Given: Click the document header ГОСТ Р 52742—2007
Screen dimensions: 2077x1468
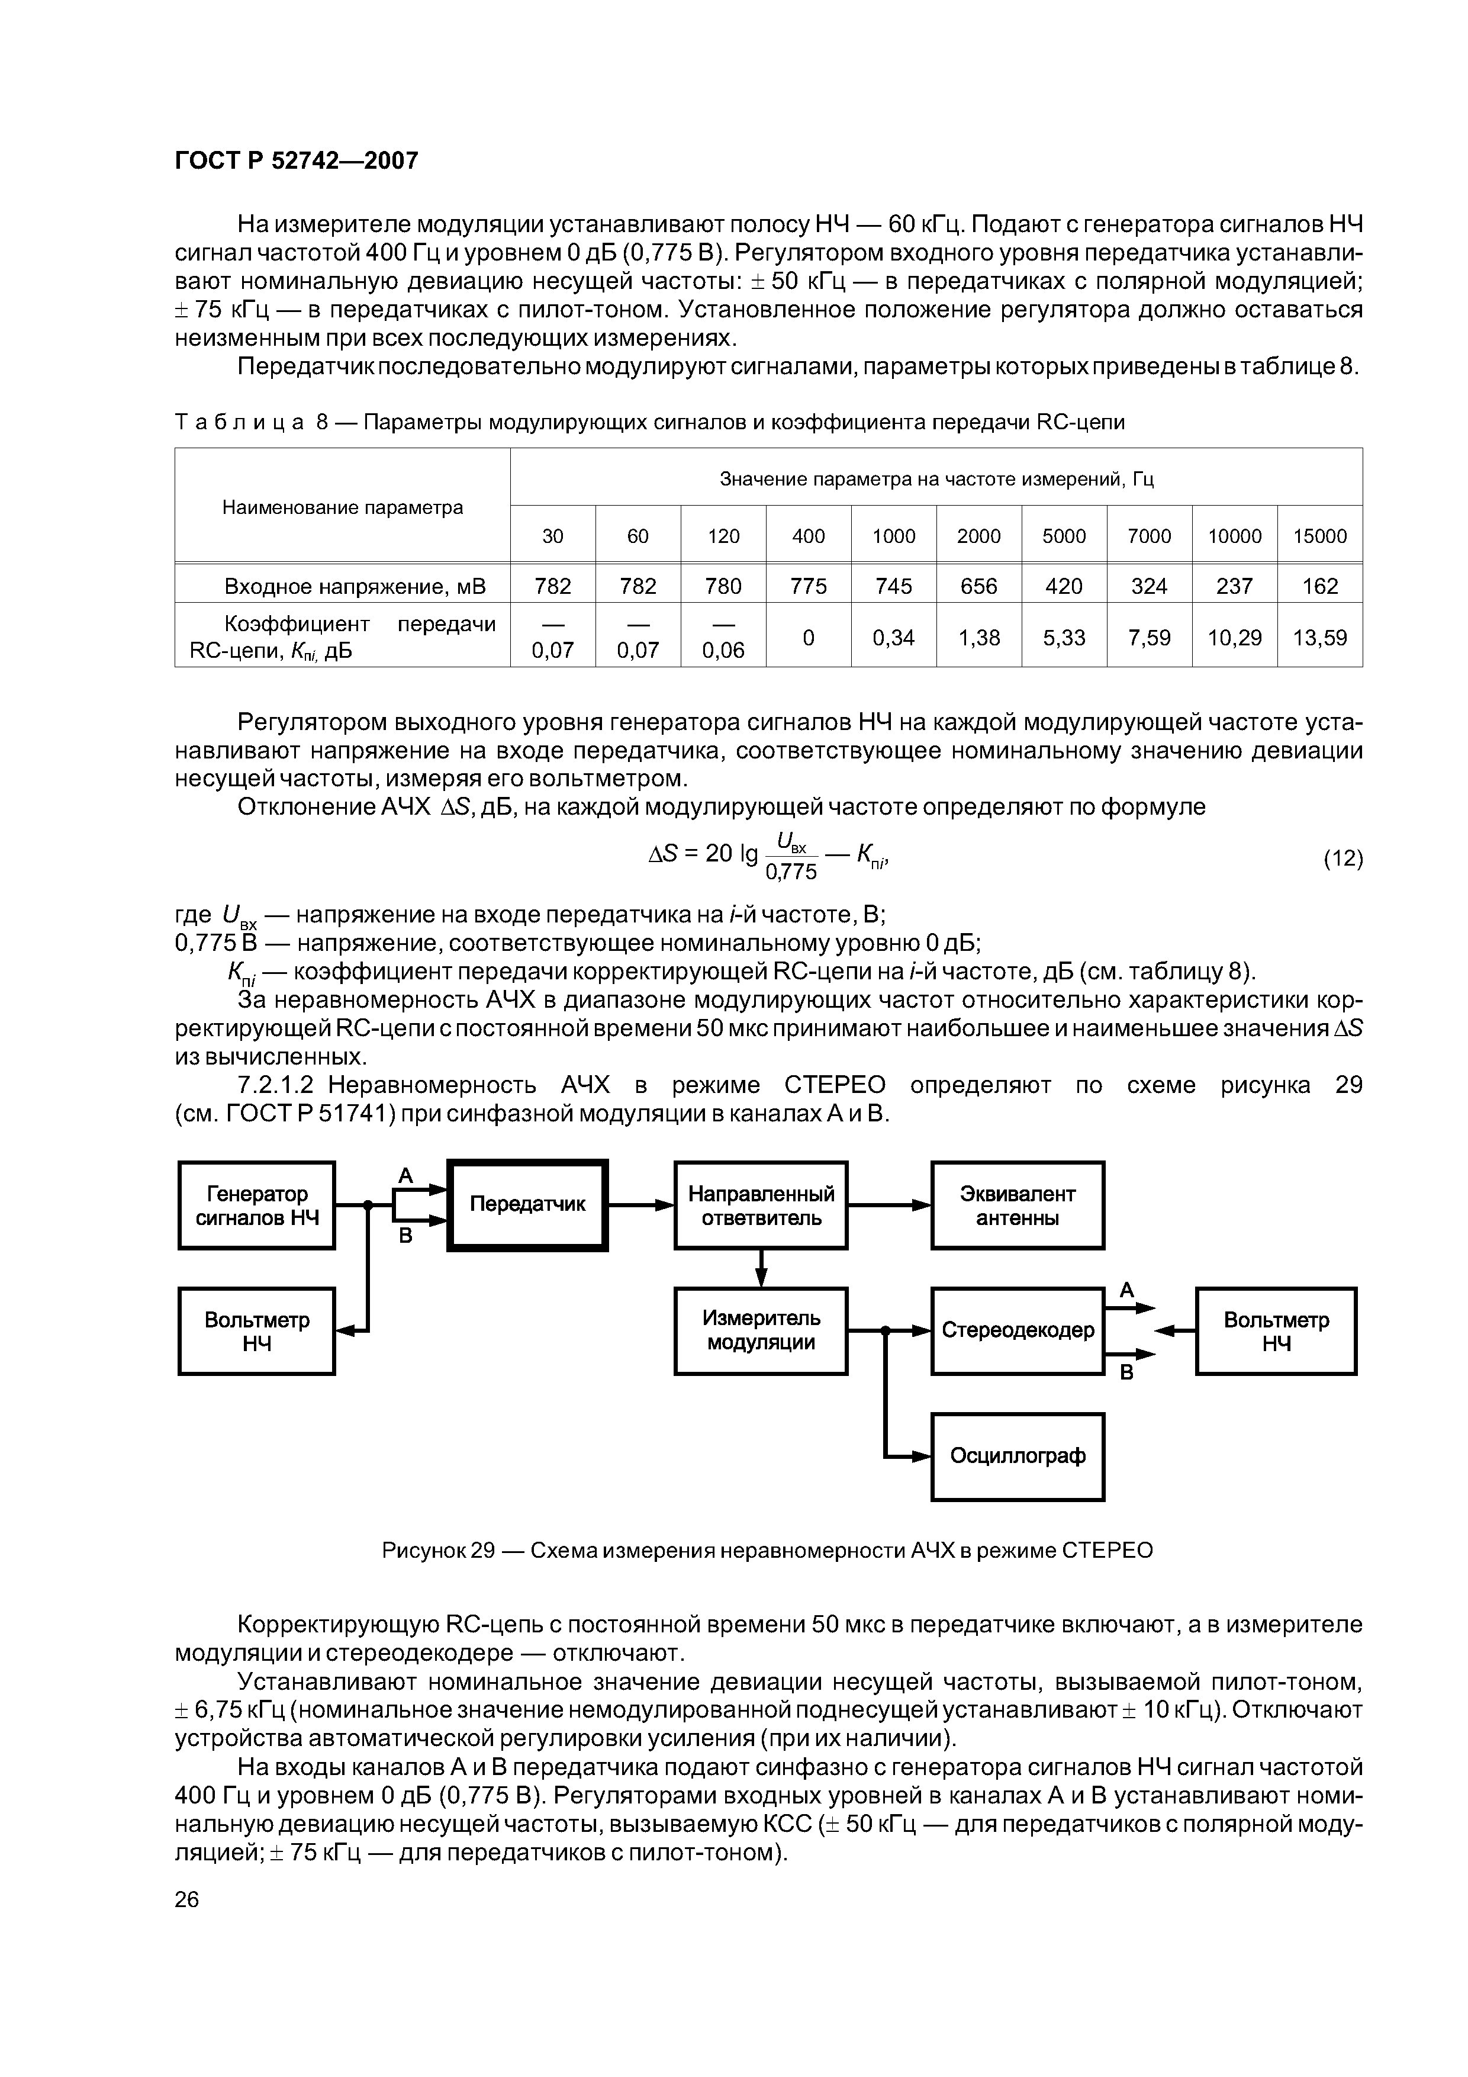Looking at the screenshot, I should (x=296, y=161).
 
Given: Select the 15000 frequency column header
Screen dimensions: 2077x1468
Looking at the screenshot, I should (x=1319, y=536).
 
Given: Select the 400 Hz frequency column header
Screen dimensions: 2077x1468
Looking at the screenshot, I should (x=808, y=536).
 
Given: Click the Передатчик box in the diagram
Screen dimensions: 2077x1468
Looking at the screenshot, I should (x=527, y=1204).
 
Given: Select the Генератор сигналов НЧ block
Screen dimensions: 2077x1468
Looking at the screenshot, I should (x=257, y=1205).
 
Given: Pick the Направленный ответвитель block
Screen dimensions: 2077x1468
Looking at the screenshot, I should (x=761, y=1205).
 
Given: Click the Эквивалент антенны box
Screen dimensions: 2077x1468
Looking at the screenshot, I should (x=1018, y=1205).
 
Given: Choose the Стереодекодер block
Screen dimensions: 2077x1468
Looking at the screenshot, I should (x=1018, y=1331).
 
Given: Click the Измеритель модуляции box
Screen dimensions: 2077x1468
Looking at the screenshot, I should (x=761, y=1331).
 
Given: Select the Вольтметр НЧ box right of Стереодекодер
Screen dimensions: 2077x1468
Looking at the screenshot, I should (x=1276, y=1331).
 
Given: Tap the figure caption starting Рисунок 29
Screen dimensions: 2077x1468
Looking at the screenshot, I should (x=767, y=1551).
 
